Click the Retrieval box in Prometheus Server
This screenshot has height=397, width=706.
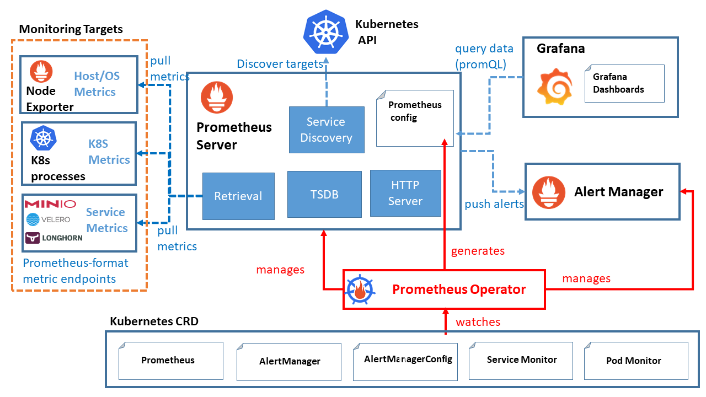tap(238, 196)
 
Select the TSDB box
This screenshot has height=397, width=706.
tap(324, 194)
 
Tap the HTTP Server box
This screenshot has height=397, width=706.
tap(405, 193)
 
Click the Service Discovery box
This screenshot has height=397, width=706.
tap(326, 130)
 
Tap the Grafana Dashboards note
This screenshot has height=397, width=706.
tap(624, 83)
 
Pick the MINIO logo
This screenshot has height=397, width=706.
tap(50, 204)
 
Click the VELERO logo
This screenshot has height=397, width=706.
tap(49, 220)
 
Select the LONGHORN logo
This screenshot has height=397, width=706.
tap(54, 238)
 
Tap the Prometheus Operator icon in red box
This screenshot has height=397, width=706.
tap(362, 289)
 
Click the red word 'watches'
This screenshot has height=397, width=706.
tap(478, 322)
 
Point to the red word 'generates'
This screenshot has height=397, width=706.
tap(478, 251)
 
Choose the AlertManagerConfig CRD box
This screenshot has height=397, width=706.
tap(408, 360)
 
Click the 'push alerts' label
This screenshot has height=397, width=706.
tap(494, 204)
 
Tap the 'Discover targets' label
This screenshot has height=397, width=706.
tap(280, 64)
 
